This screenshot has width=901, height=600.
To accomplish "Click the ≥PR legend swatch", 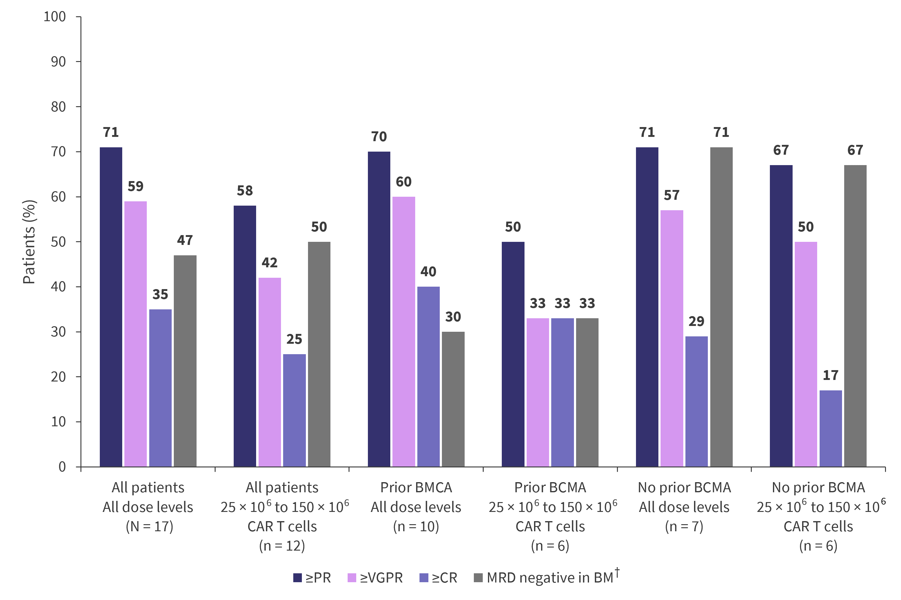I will point(298,578).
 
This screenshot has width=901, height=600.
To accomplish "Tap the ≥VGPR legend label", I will point(381,578).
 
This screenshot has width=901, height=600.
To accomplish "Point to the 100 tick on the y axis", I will point(55,17).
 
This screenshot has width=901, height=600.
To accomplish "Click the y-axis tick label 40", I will point(58,287).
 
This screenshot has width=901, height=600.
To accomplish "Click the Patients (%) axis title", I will point(29,242).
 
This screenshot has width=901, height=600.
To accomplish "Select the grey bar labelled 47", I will point(185,361).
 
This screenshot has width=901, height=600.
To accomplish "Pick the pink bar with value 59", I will point(135,334).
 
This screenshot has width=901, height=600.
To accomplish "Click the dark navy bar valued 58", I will point(245,336).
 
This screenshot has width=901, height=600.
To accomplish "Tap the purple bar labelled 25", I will point(294,410).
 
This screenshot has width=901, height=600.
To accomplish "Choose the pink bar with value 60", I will point(404,331).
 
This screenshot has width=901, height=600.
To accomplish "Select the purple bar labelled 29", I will point(696,401).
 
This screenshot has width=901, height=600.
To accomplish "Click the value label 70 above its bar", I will point(379,137).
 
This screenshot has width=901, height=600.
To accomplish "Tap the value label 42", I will point(270,262).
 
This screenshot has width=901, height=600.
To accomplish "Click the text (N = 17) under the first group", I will point(149,527).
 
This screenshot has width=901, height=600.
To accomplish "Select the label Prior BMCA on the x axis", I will point(416,487).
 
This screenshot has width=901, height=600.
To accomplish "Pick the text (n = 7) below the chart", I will point(684,527).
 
